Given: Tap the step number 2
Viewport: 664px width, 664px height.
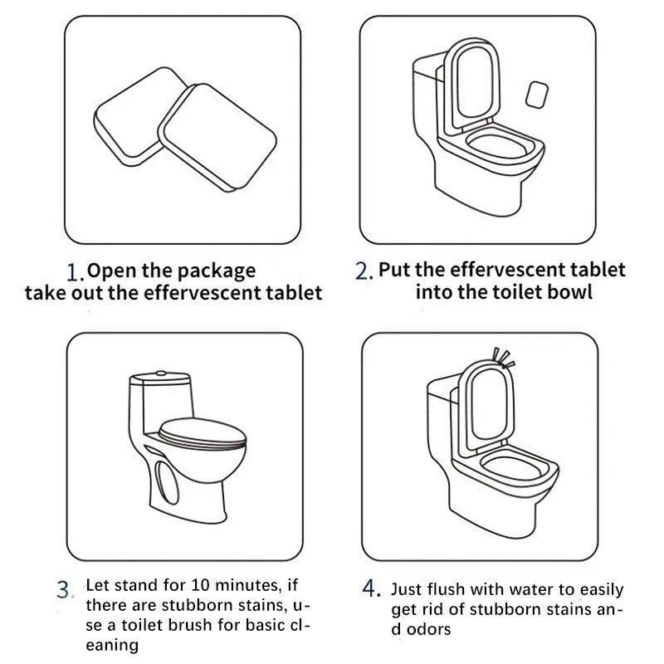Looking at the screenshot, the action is (364, 271).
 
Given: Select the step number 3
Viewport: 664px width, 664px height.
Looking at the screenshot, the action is (65, 589).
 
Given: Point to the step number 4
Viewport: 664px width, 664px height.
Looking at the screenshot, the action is (371, 588).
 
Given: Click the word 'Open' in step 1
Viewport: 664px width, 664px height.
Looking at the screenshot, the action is (112, 271).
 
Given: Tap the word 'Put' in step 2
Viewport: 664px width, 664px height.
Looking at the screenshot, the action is (393, 270).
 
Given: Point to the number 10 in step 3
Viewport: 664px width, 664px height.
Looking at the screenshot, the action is (202, 585).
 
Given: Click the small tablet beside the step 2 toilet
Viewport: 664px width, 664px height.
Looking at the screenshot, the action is (536, 95).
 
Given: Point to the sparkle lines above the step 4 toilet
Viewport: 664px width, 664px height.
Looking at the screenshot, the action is (504, 358).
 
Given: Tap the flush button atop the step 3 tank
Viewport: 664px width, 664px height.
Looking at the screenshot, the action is (161, 373).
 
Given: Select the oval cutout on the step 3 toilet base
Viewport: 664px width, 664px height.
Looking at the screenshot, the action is (167, 482).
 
